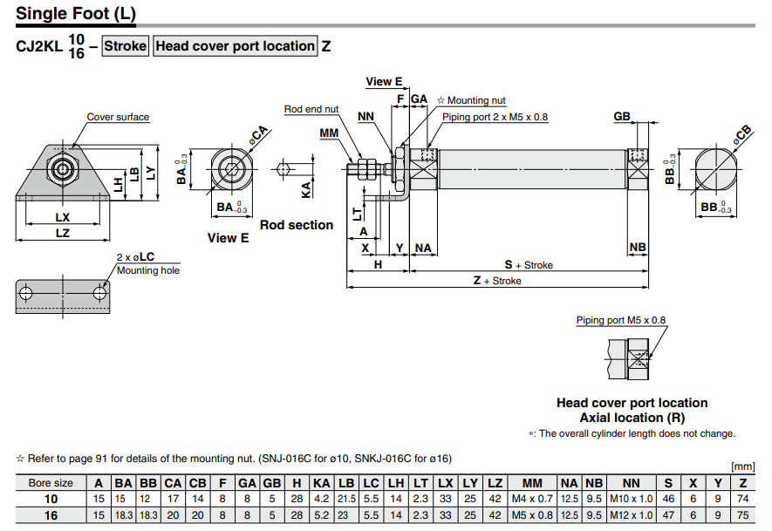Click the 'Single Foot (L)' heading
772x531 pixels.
(76, 15)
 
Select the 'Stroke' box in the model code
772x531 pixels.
(126, 45)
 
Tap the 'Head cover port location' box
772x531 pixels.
(235, 45)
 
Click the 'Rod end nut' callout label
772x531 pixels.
(311, 109)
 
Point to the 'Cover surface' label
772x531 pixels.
(118, 117)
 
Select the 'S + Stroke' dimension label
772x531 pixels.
(529, 264)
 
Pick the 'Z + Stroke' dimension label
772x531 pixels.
(497, 281)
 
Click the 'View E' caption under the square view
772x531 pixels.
(228, 237)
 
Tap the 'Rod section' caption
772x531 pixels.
(297, 225)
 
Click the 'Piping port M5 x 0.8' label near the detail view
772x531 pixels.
(620, 320)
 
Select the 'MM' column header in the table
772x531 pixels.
(532, 482)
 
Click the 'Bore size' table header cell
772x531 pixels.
(51, 482)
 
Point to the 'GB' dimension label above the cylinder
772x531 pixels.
(621, 116)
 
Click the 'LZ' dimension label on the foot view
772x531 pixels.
(62, 233)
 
